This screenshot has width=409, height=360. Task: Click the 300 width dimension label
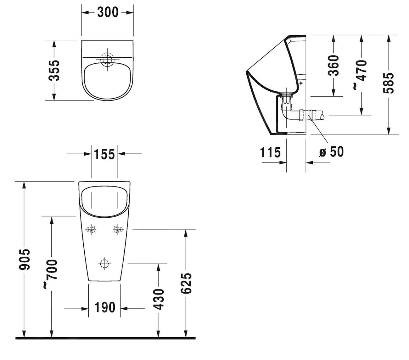coord(108,12)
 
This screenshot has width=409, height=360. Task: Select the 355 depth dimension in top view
coord(55,70)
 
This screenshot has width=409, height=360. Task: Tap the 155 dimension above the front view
coord(104,154)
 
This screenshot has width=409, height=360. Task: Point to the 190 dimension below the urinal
coord(105,307)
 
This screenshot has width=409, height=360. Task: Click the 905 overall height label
coord(25,259)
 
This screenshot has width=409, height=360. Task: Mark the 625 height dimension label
coord(186,283)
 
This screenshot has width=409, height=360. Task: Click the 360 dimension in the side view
coord(333,66)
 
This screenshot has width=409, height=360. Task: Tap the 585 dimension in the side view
coord(389,83)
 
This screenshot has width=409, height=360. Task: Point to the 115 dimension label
coord(270,152)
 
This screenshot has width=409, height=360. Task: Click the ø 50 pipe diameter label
coord(331,152)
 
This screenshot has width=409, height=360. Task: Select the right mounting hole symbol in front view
coord(118,230)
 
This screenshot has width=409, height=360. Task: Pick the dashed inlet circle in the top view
coord(108,58)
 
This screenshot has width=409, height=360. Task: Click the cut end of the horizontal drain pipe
coord(321,115)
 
